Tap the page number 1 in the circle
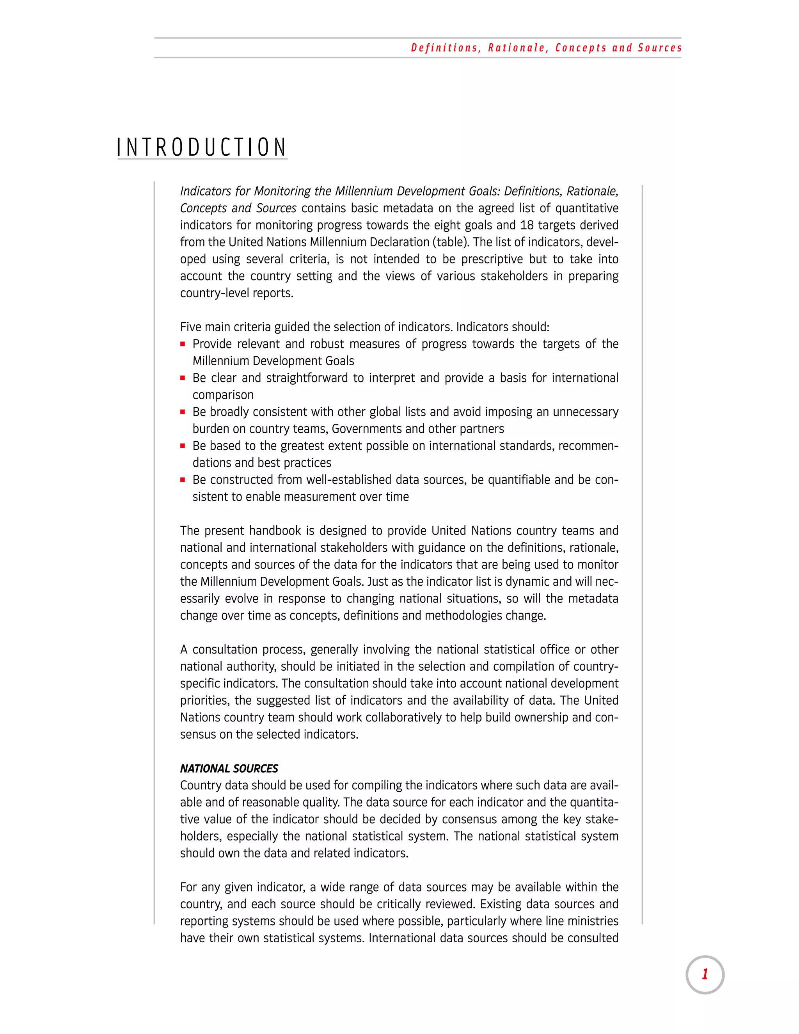coord(705,974)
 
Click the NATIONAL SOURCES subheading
coord(229,768)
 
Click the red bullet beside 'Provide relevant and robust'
coord(183,344)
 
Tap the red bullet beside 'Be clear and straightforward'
coord(183,378)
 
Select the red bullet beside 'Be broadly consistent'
coord(183,412)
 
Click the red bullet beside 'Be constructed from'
coord(183,480)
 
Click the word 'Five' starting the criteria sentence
coord(190,327)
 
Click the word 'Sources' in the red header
coord(659,48)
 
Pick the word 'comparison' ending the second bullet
coord(223,395)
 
